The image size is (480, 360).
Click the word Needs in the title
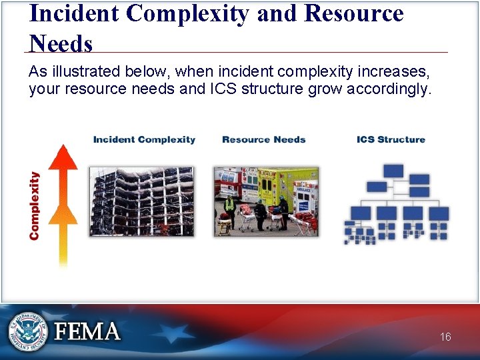tap(61, 44)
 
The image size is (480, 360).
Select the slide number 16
tap(445, 337)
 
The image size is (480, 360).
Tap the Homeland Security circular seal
tap(27, 331)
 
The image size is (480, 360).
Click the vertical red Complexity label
tap(35, 205)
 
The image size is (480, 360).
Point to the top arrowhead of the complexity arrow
tap(64, 157)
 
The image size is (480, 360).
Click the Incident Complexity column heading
tap(144, 139)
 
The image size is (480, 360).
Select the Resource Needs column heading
tap(263, 139)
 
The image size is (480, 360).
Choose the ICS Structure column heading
tap(391, 139)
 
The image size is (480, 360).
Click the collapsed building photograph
tap(141, 201)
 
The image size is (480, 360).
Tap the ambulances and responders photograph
tap(266, 201)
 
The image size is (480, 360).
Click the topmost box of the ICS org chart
tap(393, 171)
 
